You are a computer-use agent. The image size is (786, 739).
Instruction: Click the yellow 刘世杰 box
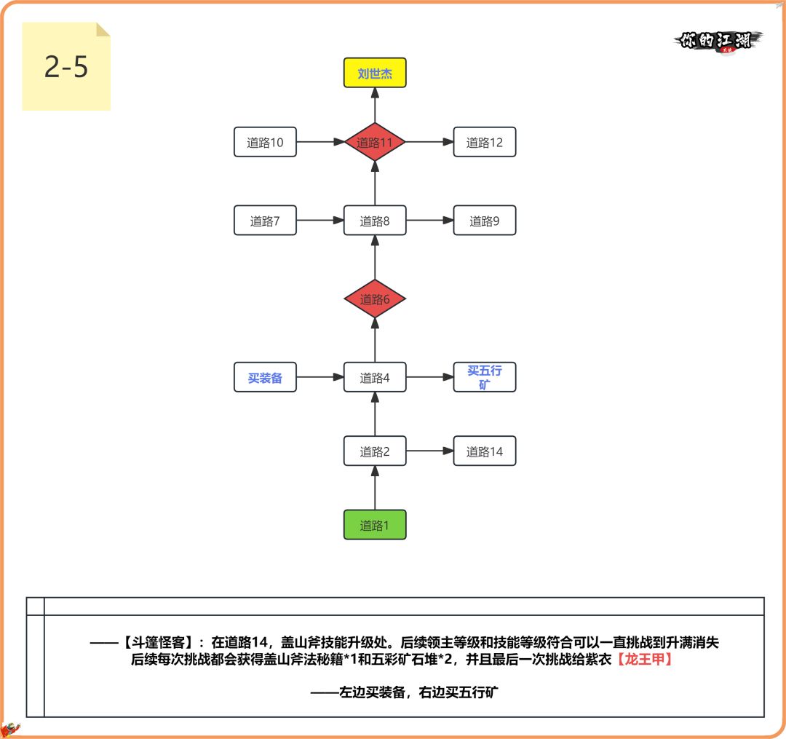pos(375,74)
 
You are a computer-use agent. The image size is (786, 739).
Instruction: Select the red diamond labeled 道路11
pos(375,143)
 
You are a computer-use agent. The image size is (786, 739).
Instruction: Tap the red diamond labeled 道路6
pos(375,299)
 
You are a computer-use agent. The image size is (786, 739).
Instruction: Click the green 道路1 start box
pos(375,525)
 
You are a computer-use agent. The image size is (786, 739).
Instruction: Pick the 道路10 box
pos(265,143)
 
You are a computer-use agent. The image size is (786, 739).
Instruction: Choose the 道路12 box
pos(484,143)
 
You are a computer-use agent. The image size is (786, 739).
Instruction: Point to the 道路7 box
pos(265,221)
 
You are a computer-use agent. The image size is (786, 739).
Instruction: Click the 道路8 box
pos(375,221)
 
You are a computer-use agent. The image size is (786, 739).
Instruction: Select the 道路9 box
pos(484,221)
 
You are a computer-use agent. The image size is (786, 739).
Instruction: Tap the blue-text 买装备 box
pos(265,378)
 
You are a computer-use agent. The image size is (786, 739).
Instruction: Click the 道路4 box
pos(375,378)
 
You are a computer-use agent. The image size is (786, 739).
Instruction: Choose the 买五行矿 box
pos(484,378)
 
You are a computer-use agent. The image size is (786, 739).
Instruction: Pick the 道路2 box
pos(375,451)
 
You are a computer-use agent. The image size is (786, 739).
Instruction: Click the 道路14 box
pos(484,451)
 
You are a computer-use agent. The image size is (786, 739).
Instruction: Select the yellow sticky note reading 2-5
pos(65,67)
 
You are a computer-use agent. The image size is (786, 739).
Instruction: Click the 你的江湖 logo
pos(718,41)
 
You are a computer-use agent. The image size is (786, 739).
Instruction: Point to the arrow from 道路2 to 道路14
pos(429,451)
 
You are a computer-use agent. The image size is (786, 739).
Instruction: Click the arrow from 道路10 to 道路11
pos(320,143)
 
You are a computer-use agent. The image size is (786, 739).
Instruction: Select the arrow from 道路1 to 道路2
pos(375,488)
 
